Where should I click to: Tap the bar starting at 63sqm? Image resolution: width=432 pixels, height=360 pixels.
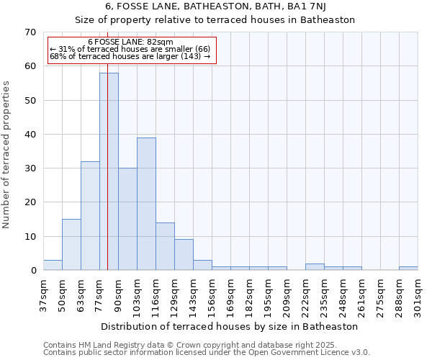point(90,216)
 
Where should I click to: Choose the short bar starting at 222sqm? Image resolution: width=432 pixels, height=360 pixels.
point(315,267)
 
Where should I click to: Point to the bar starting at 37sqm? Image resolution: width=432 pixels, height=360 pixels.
point(53,265)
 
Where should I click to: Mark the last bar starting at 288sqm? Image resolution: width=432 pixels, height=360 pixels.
point(408,269)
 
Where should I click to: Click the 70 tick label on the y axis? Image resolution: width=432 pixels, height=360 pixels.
point(30,32)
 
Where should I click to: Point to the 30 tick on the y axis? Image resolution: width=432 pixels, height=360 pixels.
point(30,168)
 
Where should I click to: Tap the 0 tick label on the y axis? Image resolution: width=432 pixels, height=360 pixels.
point(33,271)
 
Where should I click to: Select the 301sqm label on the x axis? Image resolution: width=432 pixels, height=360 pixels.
point(418,296)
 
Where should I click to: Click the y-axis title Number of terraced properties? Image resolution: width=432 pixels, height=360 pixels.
point(7,154)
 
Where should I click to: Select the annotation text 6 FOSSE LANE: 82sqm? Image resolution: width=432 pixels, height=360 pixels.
point(130,42)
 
